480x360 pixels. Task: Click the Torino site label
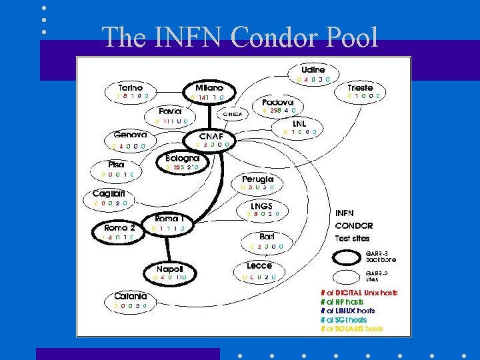130,87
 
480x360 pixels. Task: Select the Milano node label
209,87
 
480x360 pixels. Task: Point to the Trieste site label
360,87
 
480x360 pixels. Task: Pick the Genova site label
129,135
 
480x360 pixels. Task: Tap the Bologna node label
182,158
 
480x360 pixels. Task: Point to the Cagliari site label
109,193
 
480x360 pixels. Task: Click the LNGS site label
261,205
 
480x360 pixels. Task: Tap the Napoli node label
171,268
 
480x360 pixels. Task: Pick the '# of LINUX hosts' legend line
347,311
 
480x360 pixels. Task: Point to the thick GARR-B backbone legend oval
347,257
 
